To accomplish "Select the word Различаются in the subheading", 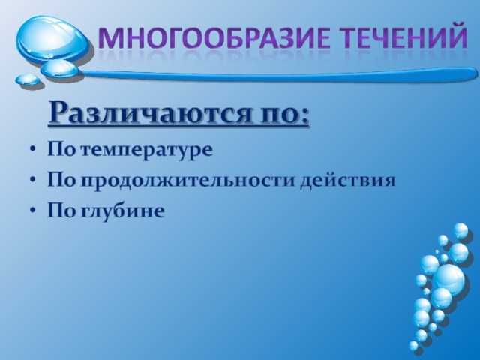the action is click(x=150, y=113).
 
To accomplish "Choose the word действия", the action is click(x=347, y=181).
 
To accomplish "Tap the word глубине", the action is click(x=122, y=210).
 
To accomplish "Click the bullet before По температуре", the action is click(x=32, y=150).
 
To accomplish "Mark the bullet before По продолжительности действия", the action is click(x=32, y=181).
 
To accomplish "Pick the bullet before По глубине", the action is click(x=32, y=211).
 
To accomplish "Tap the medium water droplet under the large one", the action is click(x=60, y=68).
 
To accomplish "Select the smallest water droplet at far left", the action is click(x=27, y=79).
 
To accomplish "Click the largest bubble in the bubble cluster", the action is click(x=448, y=278).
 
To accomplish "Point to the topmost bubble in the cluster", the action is click(x=460, y=230).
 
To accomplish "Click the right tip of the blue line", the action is click(x=477, y=74).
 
